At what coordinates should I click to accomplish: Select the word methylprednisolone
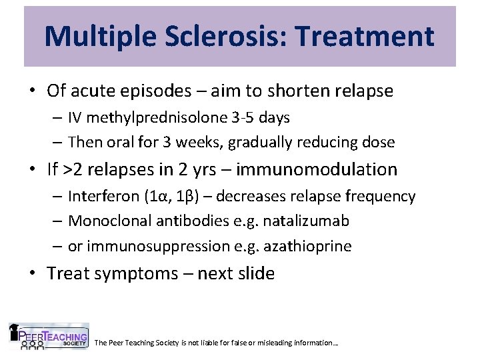[151, 118]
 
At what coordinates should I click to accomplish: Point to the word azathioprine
[312, 246]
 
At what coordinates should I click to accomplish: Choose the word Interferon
[101, 197]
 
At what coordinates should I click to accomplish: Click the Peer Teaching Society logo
[49, 337]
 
